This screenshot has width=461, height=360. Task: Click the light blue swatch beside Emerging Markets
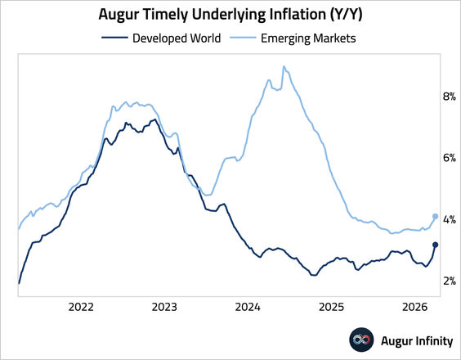(x=243, y=37)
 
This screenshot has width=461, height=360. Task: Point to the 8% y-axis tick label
(x=449, y=96)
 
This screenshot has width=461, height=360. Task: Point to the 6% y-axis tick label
(x=449, y=157)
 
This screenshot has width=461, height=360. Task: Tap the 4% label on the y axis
(x=449, y=219)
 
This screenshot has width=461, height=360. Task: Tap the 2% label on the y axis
(x=449, y=281)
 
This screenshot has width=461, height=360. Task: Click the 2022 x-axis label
(x=80, y=308)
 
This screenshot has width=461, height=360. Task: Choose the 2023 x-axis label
(x=164, y=308)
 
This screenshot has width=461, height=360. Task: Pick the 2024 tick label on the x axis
(x=248, y=308)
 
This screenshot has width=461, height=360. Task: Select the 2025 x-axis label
(x=331, y=308)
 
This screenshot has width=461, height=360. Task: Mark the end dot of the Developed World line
(x=435, y=245)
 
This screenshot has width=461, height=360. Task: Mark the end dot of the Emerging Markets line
(x=435, y=217)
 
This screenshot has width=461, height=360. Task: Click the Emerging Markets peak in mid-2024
(x=283, y=67)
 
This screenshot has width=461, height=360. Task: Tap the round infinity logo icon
(x=361, y=338)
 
